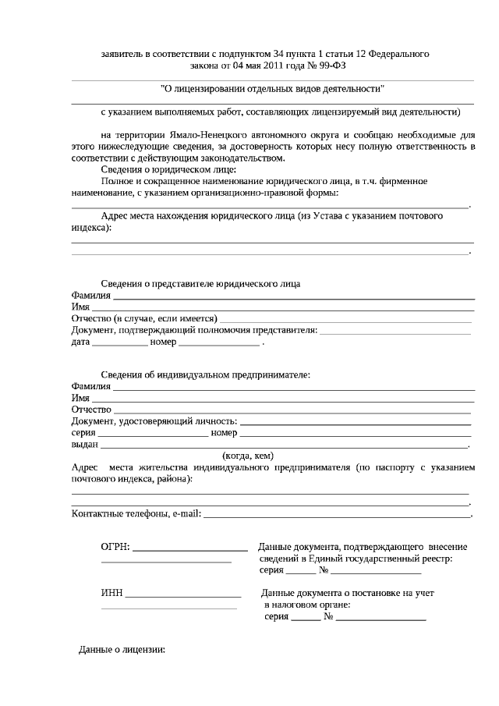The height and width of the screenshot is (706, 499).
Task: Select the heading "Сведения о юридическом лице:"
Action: tap(168, 169)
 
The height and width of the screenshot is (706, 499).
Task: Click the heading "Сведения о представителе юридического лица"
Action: tap(200, 283)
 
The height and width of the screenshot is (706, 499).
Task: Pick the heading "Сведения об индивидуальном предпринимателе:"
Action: tap(205, 374)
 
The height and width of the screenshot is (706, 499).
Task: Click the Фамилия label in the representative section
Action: tap(91, 296)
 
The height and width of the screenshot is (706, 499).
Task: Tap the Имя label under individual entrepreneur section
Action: tap(81, 398)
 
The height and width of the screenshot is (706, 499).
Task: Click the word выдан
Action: tap(84, 444)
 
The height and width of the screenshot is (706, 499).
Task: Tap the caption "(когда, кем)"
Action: tap(248, 456)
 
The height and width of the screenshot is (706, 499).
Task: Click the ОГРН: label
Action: tap(115, 548)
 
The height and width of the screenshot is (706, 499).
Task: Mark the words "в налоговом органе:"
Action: tap(306, 605)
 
